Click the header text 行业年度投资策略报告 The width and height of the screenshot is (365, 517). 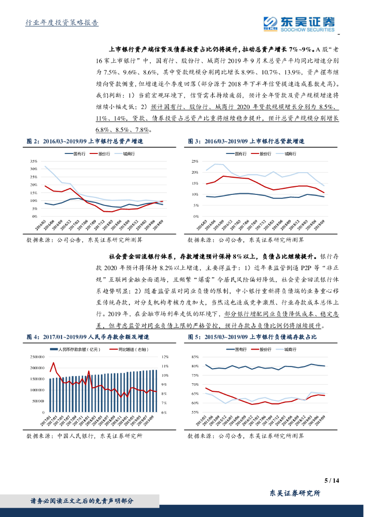(62, 23)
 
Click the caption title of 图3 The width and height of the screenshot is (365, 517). (247, 142)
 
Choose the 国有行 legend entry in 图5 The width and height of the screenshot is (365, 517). (237, 349)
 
